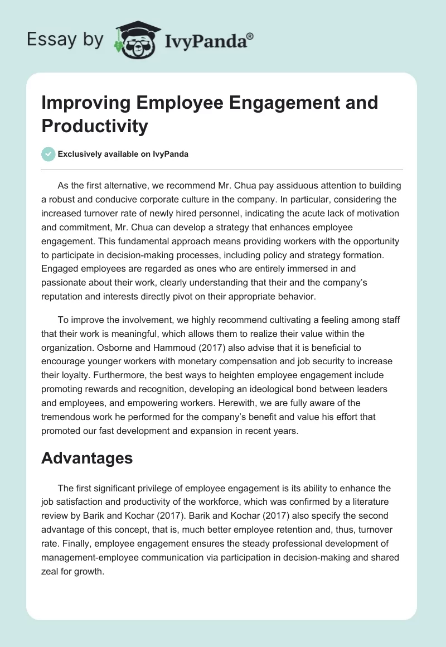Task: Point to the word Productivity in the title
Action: pos(95,126)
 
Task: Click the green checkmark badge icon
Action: pos(49,154)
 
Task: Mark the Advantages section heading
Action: pos(87,458)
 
